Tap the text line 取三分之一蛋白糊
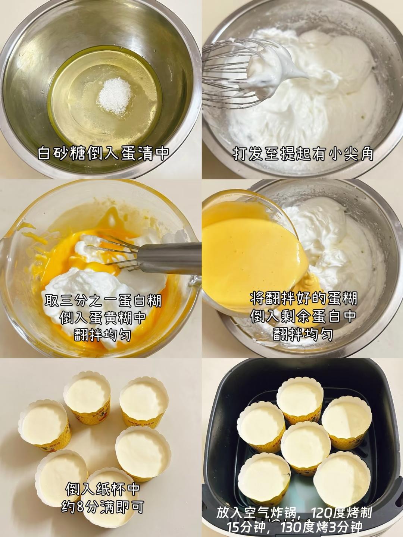(x=103, y=301)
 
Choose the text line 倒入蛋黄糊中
(x=103, y=318)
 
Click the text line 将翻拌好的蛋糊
(x=303, y=299)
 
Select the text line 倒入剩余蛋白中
(x=303, y=316)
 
